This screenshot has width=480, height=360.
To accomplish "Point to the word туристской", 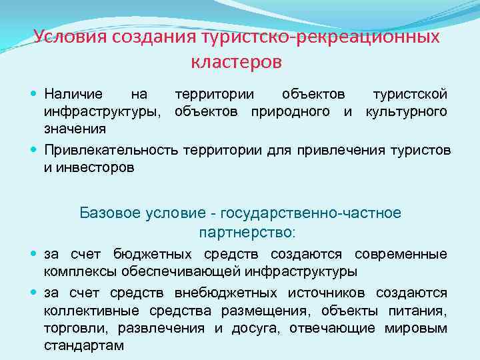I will [x=410, y=95].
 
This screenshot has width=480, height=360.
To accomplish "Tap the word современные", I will [x=401, y=255].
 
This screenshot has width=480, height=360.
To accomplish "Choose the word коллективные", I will [x=83, y=311].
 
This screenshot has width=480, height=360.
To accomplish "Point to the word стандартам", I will [x=84, y=346].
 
